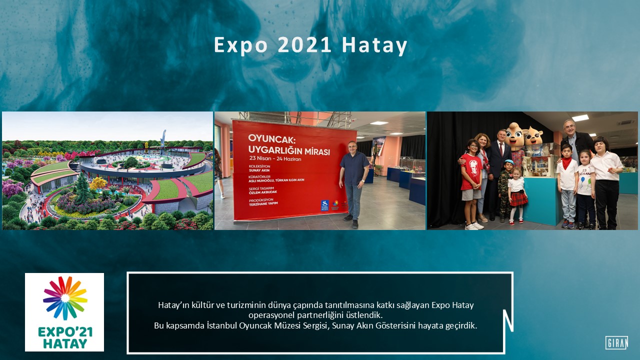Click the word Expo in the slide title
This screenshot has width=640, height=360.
234,45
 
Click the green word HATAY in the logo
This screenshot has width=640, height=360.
64,343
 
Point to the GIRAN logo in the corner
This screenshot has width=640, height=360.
616,342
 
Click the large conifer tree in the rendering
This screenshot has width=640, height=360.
81,187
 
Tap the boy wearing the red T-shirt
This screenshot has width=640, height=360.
471,182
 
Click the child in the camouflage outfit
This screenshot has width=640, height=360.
506,190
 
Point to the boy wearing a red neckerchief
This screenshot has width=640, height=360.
567,185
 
